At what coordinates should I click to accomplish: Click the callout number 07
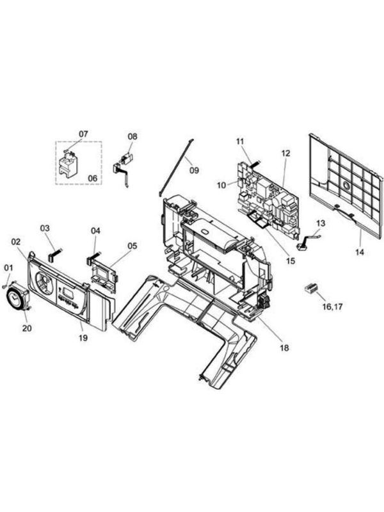click(83, 134)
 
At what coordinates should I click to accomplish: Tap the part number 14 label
click(360, 252)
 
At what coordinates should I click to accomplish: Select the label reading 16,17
click(332, 307)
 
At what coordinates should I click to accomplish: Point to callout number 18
click(284, 348)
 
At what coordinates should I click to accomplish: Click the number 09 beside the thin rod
click(194, 170)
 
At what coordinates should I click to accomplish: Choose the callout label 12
click(285, 153)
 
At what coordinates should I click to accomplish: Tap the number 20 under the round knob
click(27, 328)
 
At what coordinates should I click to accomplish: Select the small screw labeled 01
click(4, 285)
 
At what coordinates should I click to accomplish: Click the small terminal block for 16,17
click(312, 288)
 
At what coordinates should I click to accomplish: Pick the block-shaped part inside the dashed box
click(68, 166)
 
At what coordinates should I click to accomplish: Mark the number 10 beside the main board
click(221, 185)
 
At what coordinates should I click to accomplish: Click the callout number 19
click(83, 338)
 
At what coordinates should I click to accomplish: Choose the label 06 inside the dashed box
click(93, 178)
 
